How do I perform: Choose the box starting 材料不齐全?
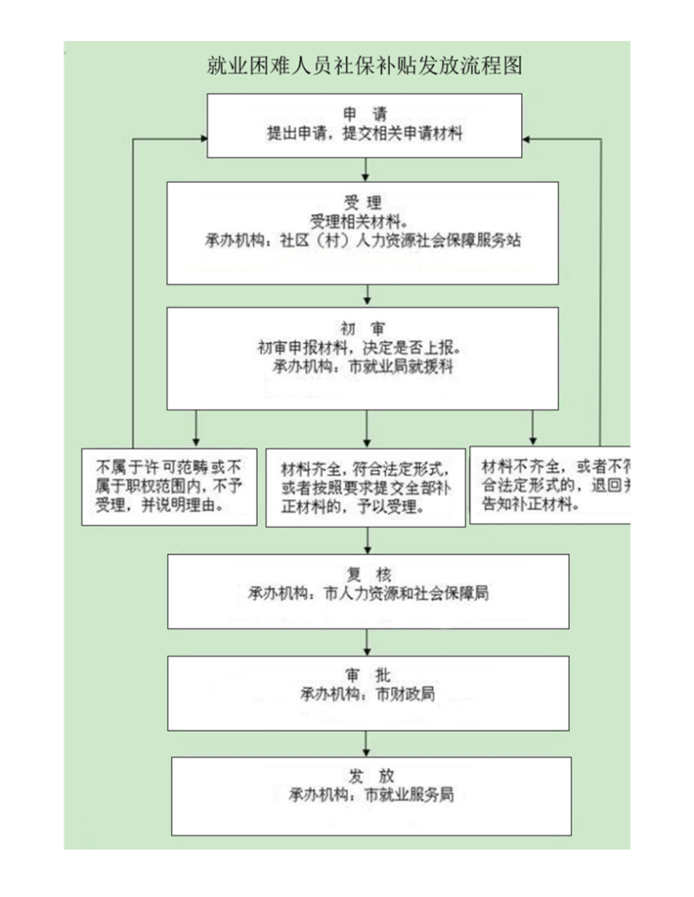(548, 484)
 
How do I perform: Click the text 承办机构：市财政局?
(368, 693)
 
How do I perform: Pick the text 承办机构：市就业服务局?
(372, 793)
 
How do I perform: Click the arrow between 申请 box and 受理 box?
(365, 169)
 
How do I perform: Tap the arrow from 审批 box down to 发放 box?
(367, 743)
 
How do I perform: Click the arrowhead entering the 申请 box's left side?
(200, 139)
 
